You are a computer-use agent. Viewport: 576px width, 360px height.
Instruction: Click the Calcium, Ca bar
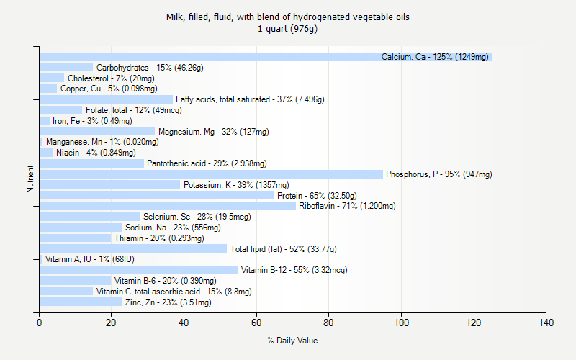265,57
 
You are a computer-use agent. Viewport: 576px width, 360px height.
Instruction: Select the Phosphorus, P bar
211,174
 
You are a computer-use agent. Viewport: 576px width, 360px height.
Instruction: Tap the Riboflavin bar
168,206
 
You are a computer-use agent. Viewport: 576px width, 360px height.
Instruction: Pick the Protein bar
157,195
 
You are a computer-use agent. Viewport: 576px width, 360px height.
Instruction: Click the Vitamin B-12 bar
139,270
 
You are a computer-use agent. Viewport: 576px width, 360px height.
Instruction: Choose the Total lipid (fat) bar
133,248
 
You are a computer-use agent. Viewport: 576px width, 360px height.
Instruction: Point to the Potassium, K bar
109,185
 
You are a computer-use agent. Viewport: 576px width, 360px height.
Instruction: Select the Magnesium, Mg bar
97,131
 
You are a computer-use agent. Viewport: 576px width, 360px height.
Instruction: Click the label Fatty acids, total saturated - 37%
250,99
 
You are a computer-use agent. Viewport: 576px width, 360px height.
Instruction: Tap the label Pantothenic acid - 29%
207,163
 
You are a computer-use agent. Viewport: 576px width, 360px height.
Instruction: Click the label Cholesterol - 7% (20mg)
111,78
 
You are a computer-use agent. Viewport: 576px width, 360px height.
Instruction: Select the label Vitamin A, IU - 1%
89,259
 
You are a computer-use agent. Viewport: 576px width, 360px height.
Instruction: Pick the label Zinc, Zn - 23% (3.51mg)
168,302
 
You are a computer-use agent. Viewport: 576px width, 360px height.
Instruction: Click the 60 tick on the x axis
256,313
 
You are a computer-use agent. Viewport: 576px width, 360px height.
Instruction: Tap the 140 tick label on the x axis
546,323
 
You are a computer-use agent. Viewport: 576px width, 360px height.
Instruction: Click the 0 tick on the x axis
40,313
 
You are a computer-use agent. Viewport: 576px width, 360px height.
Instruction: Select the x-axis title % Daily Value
292,341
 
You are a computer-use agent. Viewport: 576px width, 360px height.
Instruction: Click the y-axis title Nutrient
30,179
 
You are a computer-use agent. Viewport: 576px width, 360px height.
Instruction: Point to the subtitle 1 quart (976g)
288,29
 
